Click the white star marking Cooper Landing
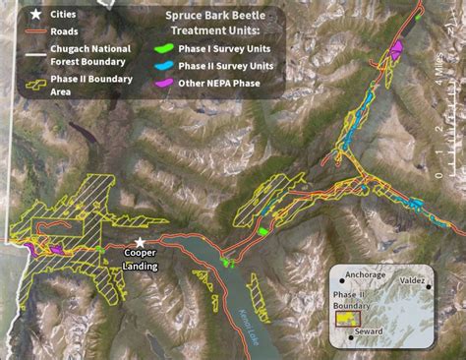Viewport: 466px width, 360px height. pos(141,242)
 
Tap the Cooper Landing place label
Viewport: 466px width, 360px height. pos(140,261)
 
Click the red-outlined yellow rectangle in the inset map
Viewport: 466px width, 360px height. pos(347,318)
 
